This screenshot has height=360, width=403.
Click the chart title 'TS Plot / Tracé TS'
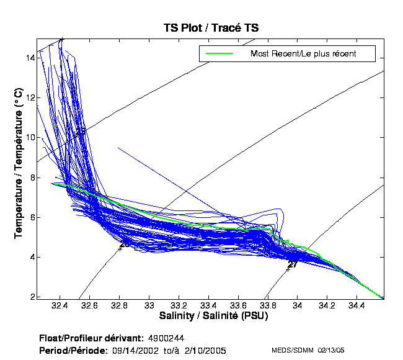click(211, 28)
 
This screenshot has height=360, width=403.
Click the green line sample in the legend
click(219, 54)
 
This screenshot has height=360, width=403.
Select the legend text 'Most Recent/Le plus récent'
click(303, 54)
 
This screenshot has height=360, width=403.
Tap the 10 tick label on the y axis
click(30, 137)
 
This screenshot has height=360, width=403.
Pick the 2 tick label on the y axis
click(32, 297)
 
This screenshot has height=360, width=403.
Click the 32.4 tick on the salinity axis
click(60, 306)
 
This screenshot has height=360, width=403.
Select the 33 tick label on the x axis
click(149, 306)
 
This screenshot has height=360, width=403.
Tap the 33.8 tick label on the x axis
click(268, 306)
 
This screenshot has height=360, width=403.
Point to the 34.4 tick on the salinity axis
click(356, 306)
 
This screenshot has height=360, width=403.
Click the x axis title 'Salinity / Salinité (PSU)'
click(211, 317)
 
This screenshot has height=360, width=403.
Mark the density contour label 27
click(293, 264)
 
